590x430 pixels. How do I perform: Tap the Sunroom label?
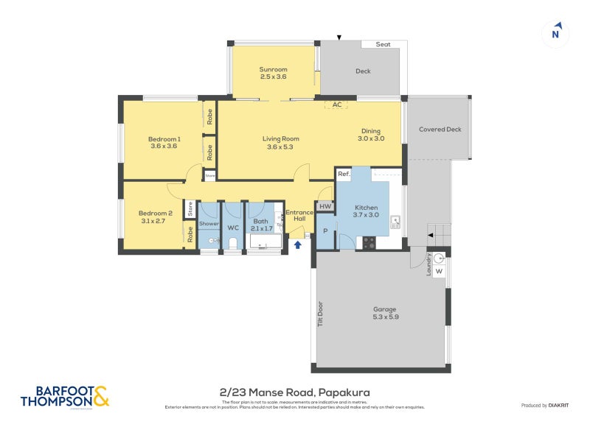[273, 69]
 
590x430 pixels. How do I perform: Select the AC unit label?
[337, 105]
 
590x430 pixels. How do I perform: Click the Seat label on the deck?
[383, 44]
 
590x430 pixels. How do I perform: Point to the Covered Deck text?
[440, 130]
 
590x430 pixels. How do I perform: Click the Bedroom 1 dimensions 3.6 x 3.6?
[164, 146]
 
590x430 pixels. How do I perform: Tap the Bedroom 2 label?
[156, 213]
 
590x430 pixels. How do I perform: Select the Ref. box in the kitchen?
[343, 175]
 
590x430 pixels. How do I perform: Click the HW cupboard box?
[325, 207]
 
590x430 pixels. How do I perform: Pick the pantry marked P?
[325, 230]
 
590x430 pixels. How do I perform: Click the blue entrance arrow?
[298, 244]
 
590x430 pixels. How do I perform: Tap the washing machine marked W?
[439, 271]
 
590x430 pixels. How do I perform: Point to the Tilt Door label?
[321, 315]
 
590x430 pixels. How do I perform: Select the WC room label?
[232, 228]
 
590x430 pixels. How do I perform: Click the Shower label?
[209, 223]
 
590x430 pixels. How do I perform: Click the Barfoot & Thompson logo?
[65, 395]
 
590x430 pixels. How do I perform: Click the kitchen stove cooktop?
[369, 241]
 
